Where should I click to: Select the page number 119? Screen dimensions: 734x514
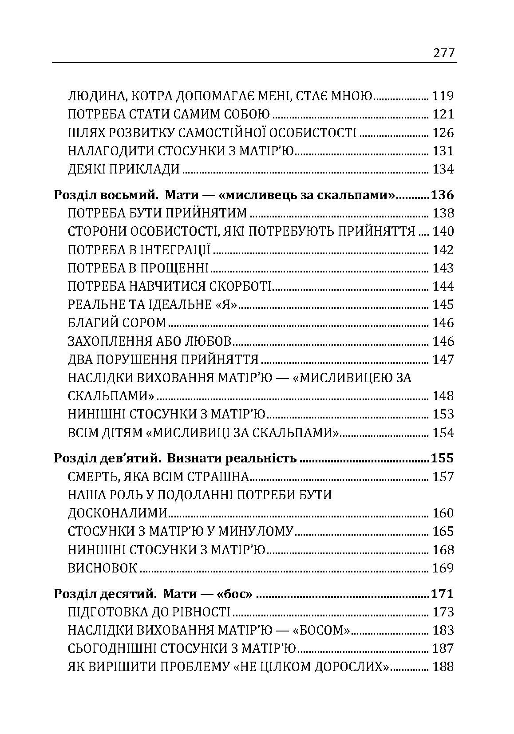(443, 96)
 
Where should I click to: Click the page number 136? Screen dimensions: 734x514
(442, 195)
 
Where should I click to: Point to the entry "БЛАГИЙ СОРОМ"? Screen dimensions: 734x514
(117, 323)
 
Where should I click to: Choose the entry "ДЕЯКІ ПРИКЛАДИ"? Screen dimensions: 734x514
(124, 170)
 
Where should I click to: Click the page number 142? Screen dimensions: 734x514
(443, 250)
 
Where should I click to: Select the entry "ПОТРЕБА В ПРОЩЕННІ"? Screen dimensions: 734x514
(138, 268)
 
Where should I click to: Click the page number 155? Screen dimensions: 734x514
(442, 458)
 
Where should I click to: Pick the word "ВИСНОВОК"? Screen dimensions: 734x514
(102, 568)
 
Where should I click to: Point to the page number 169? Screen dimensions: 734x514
(443, 568)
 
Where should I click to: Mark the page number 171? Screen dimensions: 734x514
(442, 594)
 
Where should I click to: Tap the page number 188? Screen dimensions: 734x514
(443, 667)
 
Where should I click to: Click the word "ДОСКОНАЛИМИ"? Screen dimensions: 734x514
(118, 513)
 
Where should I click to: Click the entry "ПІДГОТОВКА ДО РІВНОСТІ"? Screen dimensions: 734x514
(149, 612)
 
